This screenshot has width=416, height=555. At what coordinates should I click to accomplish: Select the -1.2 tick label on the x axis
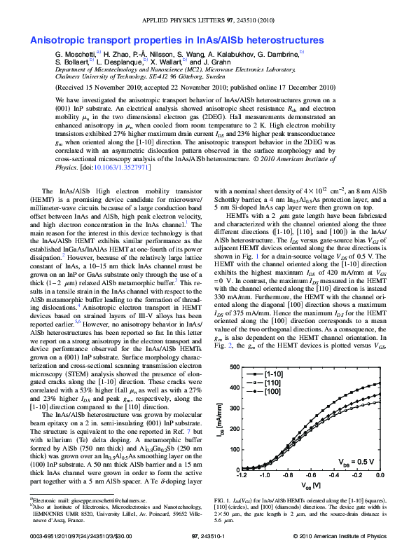pos(242,475)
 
